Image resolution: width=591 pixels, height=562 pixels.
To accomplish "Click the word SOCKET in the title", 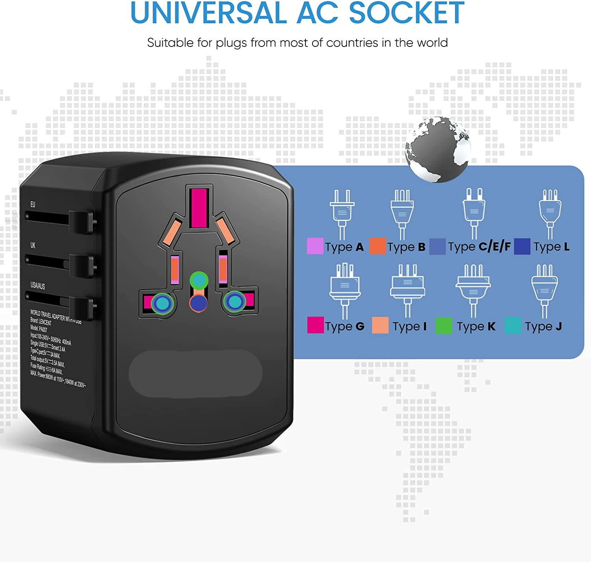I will click(x=407, y=13).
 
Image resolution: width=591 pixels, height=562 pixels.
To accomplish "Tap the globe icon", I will click(x=438, y=149).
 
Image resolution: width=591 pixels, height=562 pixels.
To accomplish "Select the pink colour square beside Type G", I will click(x=315, y=325).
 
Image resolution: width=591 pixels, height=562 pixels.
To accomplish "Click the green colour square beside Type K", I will click(x=444, y=326).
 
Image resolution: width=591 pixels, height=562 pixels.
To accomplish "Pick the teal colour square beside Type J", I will click(x=513, y=326).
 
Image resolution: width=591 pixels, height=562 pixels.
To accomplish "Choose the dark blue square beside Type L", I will click(x=522, y=246).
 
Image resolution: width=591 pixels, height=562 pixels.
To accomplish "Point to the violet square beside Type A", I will click(x=315, y=246).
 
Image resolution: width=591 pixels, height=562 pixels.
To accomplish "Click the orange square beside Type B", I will click(x=377, y=246).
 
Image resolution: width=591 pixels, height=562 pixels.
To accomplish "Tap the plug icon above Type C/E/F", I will click(x=474, y=213).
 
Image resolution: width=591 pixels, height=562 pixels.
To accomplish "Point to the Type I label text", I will click(x=409, y=326).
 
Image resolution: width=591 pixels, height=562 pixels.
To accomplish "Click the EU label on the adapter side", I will click(x=33, y=205).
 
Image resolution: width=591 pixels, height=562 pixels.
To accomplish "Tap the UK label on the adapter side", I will click(x=33, y=246).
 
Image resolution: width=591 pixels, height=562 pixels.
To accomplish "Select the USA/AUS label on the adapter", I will click(x=38, y=285).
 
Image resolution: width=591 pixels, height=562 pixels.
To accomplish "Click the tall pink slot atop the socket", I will click(x=199, y=208).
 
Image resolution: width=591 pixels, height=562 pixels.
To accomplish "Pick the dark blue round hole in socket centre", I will click(x=199, y=303).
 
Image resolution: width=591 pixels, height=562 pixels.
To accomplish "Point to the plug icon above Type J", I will click(x=545, y=290).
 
